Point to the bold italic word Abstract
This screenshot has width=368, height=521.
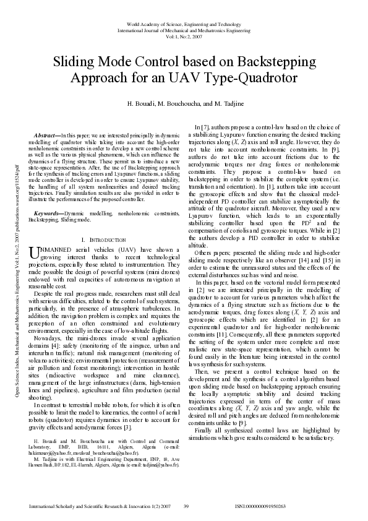[x=47, y=134]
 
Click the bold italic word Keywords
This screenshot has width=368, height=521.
[x=48, y=213]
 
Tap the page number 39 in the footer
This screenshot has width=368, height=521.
[x=186, y=506]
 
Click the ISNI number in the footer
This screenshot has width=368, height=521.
[x=260, y=506]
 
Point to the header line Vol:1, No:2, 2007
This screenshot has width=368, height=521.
[x=184, y=36]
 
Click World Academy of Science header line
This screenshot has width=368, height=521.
[x=184, y=24]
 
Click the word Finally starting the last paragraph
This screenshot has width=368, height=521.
[x=203, y=412]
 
